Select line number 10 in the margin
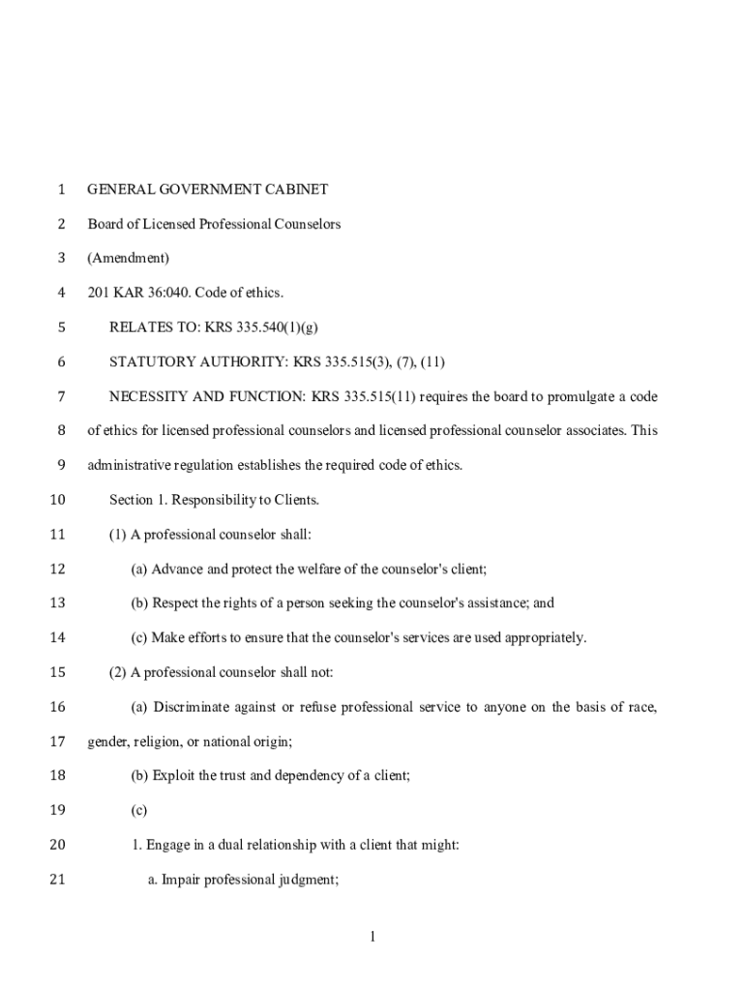pos(56,500)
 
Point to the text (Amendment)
pos(129,258)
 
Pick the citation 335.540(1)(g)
pos(276,328)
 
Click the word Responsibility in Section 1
pos(201,500)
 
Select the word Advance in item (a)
pos(177,568)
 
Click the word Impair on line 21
pos(180,879)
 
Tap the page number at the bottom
pos(372,936)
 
